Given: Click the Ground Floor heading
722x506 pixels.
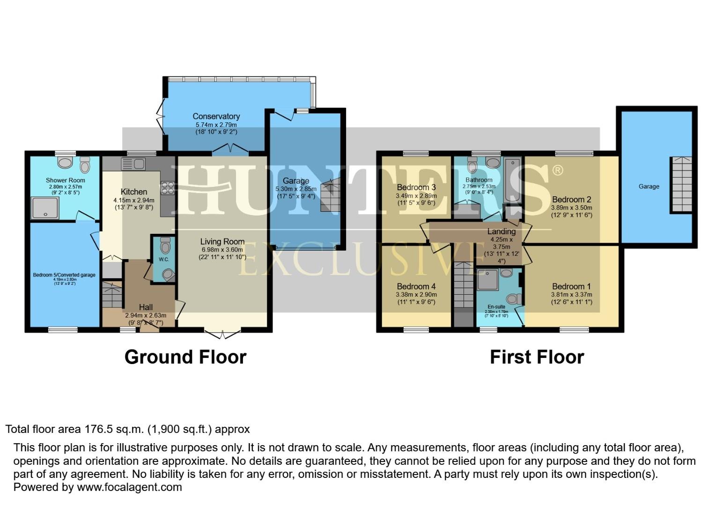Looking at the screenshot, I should pos(185,357).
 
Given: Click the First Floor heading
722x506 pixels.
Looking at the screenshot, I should pos(537,357).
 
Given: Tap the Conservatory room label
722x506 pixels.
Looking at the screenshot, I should pos(216,116).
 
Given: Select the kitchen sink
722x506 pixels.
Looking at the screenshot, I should pos(133,164).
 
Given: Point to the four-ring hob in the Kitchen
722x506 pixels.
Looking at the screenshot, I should pos(168,188).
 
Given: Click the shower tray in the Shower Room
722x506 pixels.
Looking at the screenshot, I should pos(45,208).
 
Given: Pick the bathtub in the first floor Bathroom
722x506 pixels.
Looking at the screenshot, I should pos(513,180).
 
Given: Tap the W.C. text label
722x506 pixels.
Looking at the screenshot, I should pos(163,259).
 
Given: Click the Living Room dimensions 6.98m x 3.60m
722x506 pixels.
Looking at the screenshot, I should pos(222,250).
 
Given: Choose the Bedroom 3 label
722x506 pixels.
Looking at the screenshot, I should pos(416,187).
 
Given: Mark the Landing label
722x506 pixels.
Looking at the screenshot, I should pos(501,231).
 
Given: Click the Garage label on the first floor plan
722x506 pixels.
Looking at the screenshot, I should pos(648,186).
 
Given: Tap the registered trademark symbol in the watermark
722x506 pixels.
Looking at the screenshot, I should pos(557,170).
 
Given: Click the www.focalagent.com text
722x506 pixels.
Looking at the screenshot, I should pos(129,487).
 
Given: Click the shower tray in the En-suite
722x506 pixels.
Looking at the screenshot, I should pos(487,280).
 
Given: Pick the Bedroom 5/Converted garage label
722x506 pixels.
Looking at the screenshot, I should pos(64,275).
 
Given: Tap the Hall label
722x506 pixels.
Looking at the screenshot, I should pos(146,307).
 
